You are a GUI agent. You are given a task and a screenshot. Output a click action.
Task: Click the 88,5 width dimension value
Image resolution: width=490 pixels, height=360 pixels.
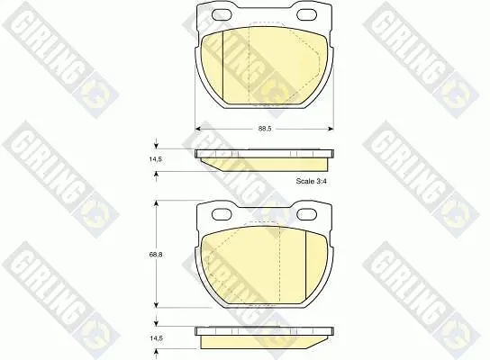click(x=265, y=129)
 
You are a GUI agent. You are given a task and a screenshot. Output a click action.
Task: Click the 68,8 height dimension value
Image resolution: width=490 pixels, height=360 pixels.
click(x=156, y=255)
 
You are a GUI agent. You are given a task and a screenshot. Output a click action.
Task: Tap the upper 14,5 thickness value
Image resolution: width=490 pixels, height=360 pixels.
click(x=155, y=159)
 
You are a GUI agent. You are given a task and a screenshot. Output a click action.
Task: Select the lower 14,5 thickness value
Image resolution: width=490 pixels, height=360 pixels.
click(x=156, y=338)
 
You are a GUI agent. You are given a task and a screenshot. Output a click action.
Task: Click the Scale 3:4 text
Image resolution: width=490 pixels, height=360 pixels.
click(x=312, y=181)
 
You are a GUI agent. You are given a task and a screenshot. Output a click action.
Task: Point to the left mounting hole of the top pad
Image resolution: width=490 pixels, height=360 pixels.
click(x=222, y=14)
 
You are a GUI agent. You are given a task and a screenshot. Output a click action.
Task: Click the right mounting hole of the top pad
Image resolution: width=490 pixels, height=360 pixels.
click(x=306, y=14)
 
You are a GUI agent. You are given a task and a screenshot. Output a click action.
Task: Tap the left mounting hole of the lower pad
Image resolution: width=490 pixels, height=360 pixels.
click(x=222, y=214)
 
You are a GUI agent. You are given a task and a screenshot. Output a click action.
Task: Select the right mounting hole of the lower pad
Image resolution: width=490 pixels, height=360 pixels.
click(x=306, y=214)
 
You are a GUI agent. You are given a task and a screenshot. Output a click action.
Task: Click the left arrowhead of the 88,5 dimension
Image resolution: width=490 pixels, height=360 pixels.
click(x=198, y=129)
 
